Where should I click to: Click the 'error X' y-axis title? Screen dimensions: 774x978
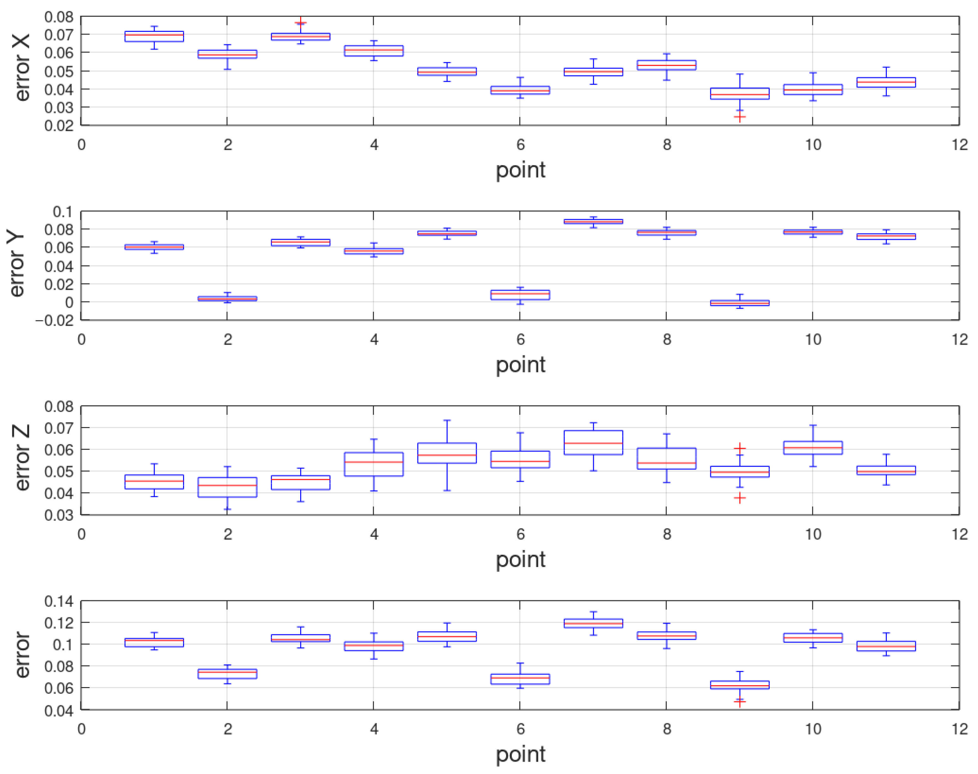pos(22,68)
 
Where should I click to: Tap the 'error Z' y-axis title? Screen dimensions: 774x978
pos(22,458)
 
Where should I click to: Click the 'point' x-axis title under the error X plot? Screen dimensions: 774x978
pos(520,170)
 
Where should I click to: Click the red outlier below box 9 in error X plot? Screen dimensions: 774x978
pos(739,118)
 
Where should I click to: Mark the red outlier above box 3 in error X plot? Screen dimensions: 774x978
pos(300,22)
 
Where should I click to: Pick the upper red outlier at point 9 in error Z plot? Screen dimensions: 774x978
pos(739,448)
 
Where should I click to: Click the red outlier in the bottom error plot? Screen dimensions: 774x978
pos(739,702)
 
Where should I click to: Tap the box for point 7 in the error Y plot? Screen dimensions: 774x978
pos(593,221)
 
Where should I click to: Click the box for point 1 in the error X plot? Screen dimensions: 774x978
pos(154,36)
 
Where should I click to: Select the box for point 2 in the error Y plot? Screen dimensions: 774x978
pos(227,299)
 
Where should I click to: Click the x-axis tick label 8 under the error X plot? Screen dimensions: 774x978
pos(666,145)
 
